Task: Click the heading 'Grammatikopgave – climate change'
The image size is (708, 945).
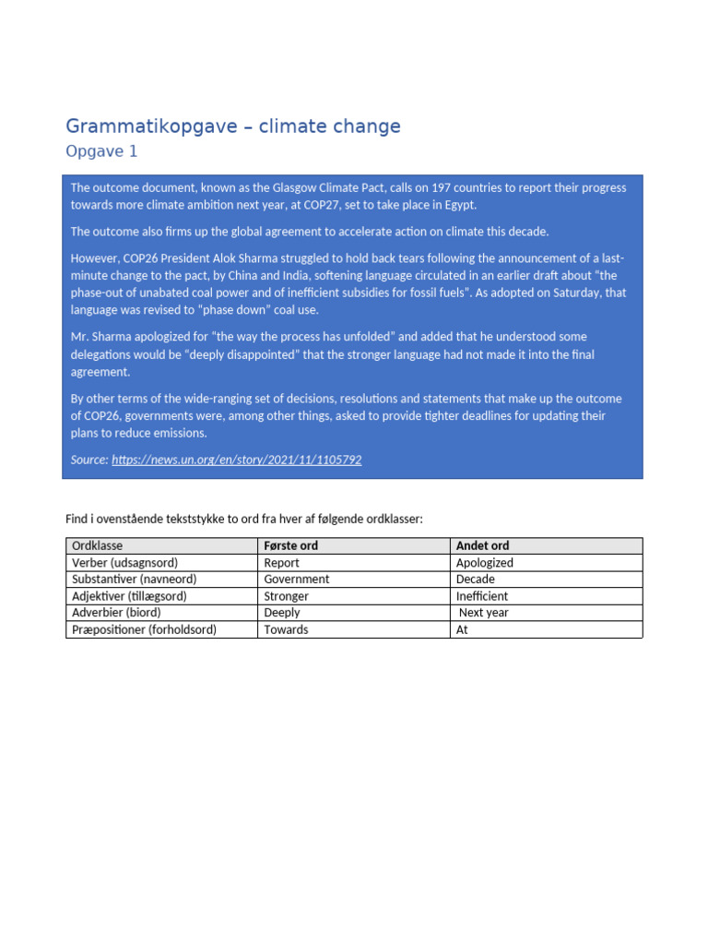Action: [x=233, y=126]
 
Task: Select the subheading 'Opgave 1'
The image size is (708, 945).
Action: [x=101, y=152]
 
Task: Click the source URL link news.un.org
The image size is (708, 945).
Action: [x=237, y=460]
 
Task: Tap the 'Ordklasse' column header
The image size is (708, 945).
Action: [x=97, y=546]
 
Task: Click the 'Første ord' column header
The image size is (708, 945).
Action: [x=290, y=546]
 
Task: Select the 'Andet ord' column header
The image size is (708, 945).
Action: [x=482, y=546]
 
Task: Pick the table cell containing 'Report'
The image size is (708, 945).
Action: [x=281, y=563]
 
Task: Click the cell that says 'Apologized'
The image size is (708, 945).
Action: [x=485, y=563]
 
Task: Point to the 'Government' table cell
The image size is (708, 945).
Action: [x=296, y=580]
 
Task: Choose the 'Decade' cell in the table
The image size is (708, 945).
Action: [x=476, y=580]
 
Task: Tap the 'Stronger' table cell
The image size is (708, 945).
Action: [x=286, y=596]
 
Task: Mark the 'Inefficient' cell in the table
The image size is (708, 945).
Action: [x=482, y=596]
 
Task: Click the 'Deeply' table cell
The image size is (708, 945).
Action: [x=281, y=613]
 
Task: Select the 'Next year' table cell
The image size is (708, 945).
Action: [x=484, y=613]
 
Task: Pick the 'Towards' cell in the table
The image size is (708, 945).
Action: [x=286, y=629]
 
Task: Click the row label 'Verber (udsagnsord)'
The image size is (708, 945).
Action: [x=124, y=563]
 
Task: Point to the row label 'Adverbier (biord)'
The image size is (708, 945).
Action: [x=116, y=613]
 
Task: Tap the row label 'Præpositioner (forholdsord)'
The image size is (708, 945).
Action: [x=145, y=629]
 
